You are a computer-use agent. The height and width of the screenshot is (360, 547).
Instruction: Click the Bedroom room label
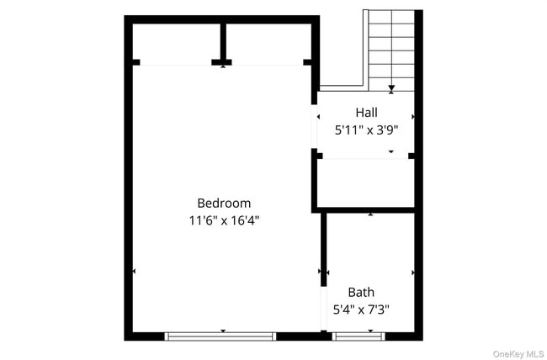click(223, 203)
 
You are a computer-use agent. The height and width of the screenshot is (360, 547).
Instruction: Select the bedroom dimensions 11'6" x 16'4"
click(223, 221)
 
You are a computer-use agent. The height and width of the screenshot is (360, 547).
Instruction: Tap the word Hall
click(366, 112)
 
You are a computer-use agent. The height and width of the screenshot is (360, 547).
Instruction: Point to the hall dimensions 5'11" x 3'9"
click(366, 130)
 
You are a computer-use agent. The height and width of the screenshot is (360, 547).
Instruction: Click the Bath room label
click(361, 292)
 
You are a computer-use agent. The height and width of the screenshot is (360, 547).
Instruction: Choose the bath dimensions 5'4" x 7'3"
click(361, 310)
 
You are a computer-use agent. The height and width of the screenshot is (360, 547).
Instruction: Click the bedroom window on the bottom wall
click(221, 336)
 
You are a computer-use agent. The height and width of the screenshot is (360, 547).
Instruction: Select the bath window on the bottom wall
click(359, 336)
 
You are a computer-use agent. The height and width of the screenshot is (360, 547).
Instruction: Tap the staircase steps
click(391, 46)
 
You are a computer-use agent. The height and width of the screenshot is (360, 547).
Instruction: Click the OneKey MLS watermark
click(515, 353)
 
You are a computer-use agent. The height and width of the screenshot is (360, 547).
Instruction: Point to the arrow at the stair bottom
click(391, 87)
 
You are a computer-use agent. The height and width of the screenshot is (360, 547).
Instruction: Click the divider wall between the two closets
click(223, 40)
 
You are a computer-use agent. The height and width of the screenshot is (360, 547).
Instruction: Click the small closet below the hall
click(365, 183)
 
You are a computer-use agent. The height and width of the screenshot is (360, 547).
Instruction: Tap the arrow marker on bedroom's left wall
click(134, 272)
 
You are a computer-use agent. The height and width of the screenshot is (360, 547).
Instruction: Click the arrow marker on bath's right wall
click(413, 273)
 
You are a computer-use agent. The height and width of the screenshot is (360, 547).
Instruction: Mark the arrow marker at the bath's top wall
click(371, 214)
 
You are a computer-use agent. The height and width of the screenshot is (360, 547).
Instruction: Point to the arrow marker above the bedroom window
click(222, 331)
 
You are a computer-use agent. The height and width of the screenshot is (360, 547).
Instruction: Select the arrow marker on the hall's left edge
click(318, 117)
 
